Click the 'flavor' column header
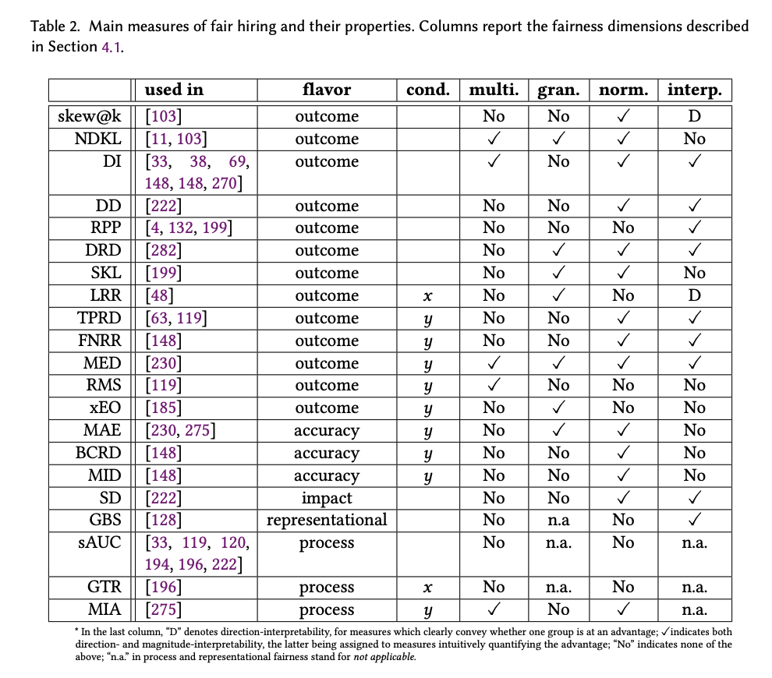point(327,90)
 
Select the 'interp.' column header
point(694,90)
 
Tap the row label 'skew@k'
point(89,116)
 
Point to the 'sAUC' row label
point(100,542)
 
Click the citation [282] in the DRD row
point(164,251)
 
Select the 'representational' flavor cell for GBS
point(327,520)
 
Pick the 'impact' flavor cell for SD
point(327,498)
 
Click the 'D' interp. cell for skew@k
point(694,116)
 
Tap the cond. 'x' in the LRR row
point(427,296)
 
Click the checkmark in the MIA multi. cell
point(494,610)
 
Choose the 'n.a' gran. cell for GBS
point(558,520)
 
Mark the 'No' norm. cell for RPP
point(623,228)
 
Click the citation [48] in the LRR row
point(159,296)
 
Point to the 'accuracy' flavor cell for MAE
point(327,430)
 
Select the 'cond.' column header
point(427,90)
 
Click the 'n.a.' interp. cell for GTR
point(694,588)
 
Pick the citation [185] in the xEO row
point(164,408)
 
